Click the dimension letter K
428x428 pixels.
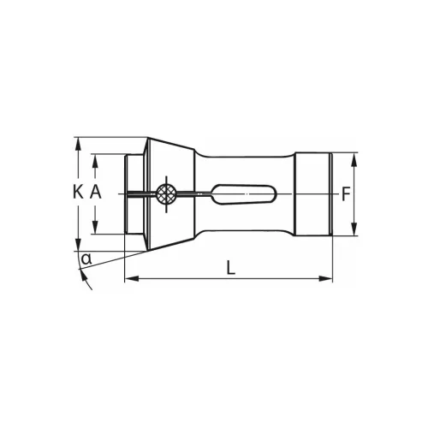78,193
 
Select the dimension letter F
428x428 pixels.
345,193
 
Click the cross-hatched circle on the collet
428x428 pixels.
167,193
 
